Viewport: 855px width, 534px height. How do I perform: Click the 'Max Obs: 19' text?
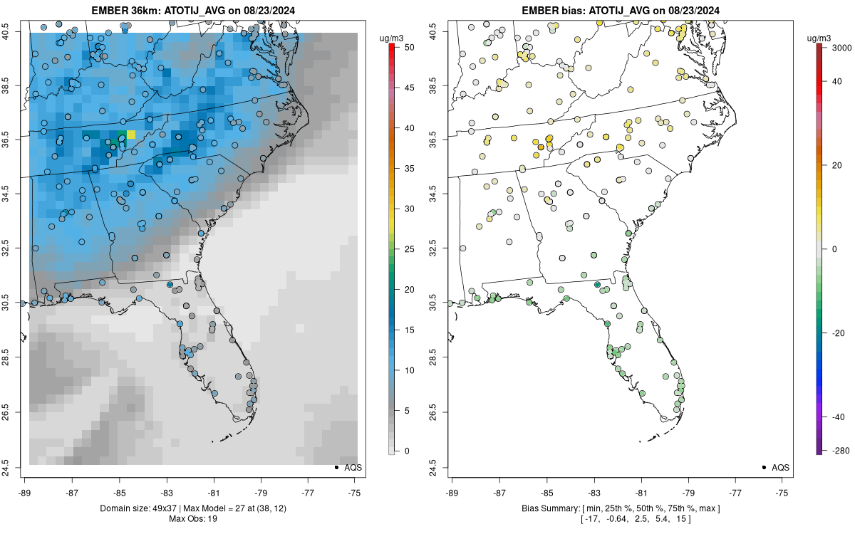point(193,518)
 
